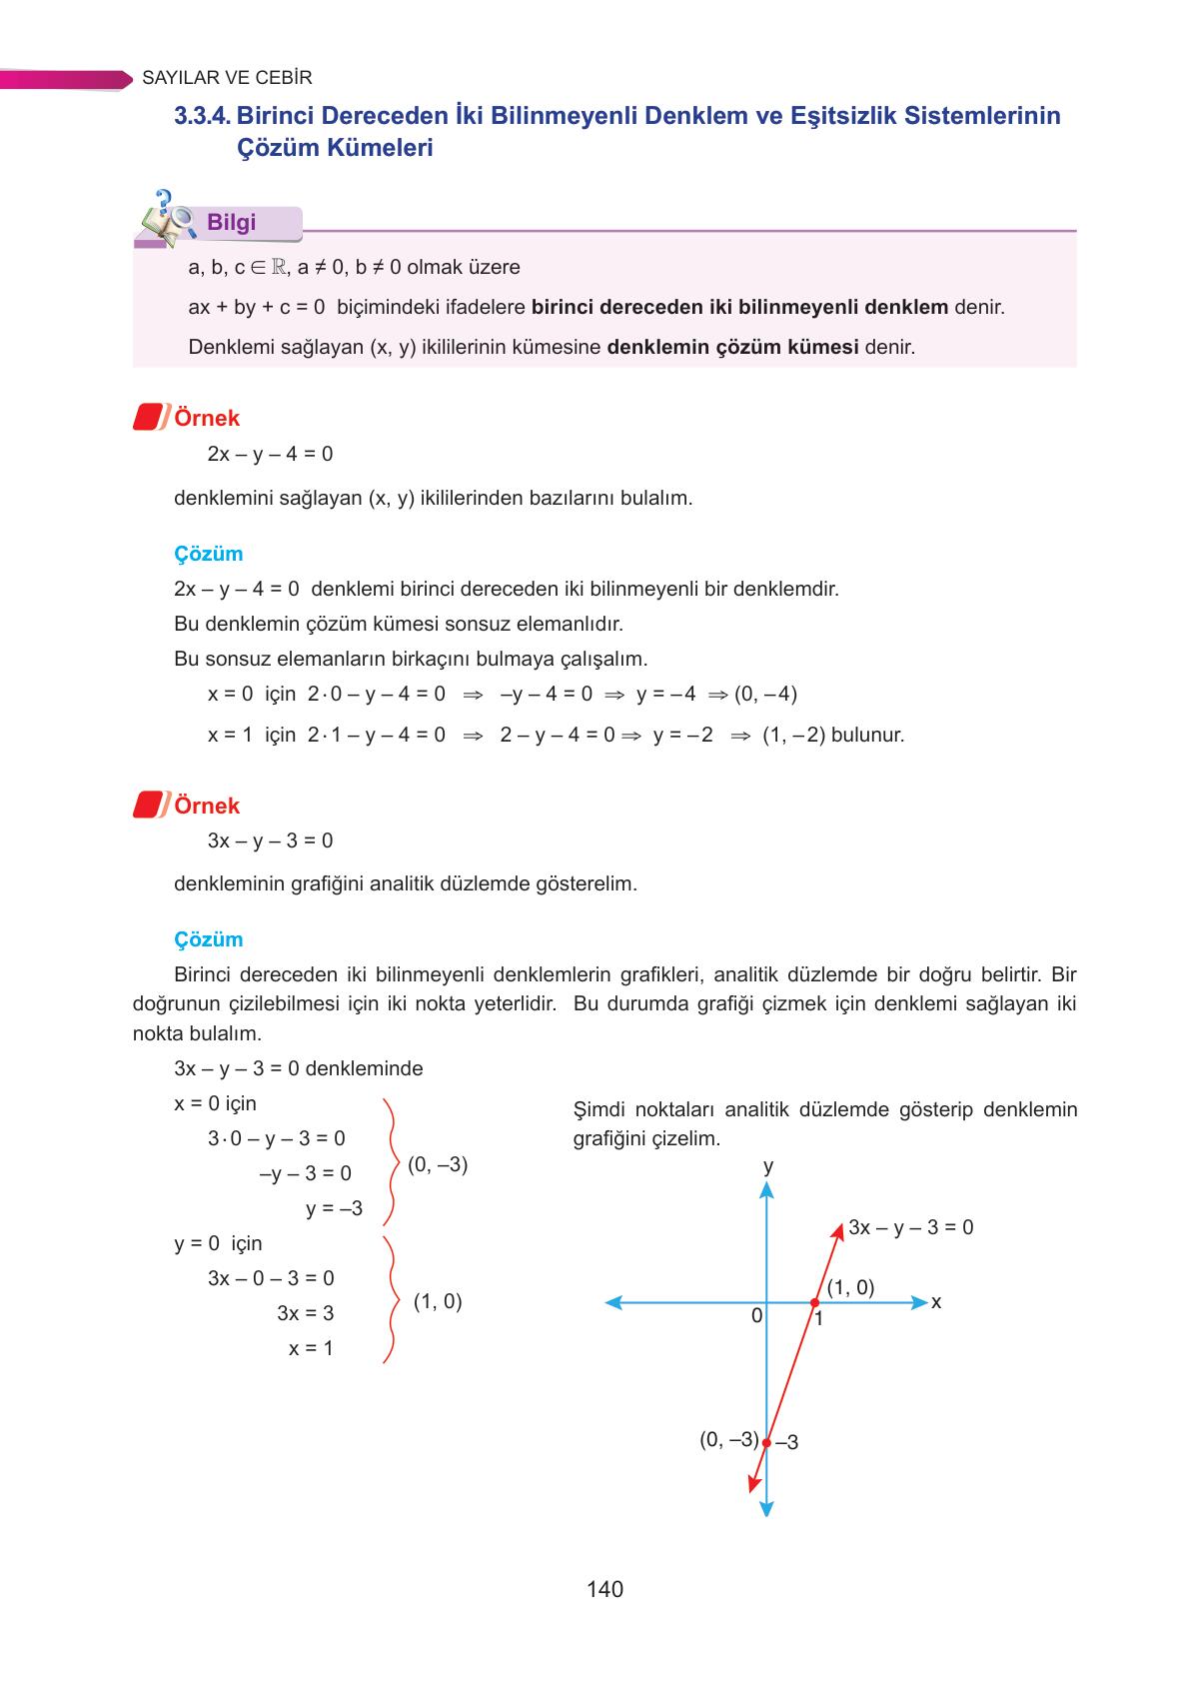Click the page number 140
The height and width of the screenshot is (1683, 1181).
[604, 1589]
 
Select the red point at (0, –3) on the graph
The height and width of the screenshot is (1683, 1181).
[766, 1442]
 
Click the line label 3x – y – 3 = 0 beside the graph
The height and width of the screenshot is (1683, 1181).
[910, 1227]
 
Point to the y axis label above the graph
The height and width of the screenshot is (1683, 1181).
[767, 1166]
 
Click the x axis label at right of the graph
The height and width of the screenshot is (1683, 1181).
[936, 1302]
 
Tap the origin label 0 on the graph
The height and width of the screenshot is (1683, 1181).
[756, 1316]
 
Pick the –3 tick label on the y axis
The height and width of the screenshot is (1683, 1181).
[786, 1442]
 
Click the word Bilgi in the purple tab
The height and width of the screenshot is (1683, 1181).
[231, 223]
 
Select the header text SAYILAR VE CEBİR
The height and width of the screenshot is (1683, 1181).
[228, 78]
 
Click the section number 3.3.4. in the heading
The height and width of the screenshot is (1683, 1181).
[203, 116]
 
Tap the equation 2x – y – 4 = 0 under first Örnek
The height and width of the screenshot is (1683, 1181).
[270, 455]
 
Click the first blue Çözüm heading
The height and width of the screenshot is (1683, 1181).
[208, 554]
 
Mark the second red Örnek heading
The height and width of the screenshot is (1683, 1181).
[206, 806]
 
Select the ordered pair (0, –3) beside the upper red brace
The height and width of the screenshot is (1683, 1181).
[438, 1164]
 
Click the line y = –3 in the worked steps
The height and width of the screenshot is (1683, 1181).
[334, 1208]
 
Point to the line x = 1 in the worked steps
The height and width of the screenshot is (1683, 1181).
[311, 1348]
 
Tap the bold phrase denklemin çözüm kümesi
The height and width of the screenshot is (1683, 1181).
[732, 348]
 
